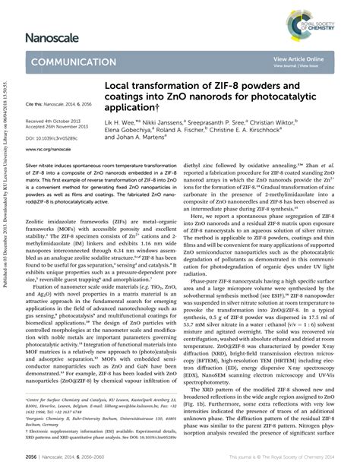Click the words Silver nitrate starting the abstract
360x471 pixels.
point(42,206)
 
